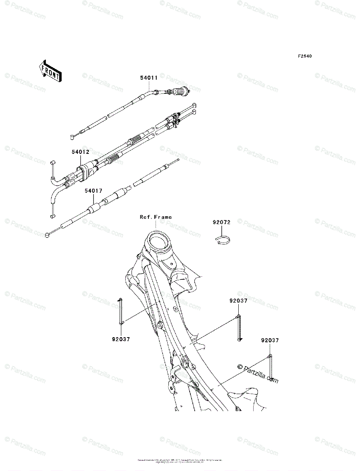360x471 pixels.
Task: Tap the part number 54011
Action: click(149, 78)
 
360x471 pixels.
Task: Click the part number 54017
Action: click(93, 191)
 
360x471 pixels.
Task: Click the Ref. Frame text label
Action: click(156, 217)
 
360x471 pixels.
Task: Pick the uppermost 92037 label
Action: click(238, 301)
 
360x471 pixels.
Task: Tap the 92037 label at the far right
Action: click(270, 341)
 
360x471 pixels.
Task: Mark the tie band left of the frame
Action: click(121, 312)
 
